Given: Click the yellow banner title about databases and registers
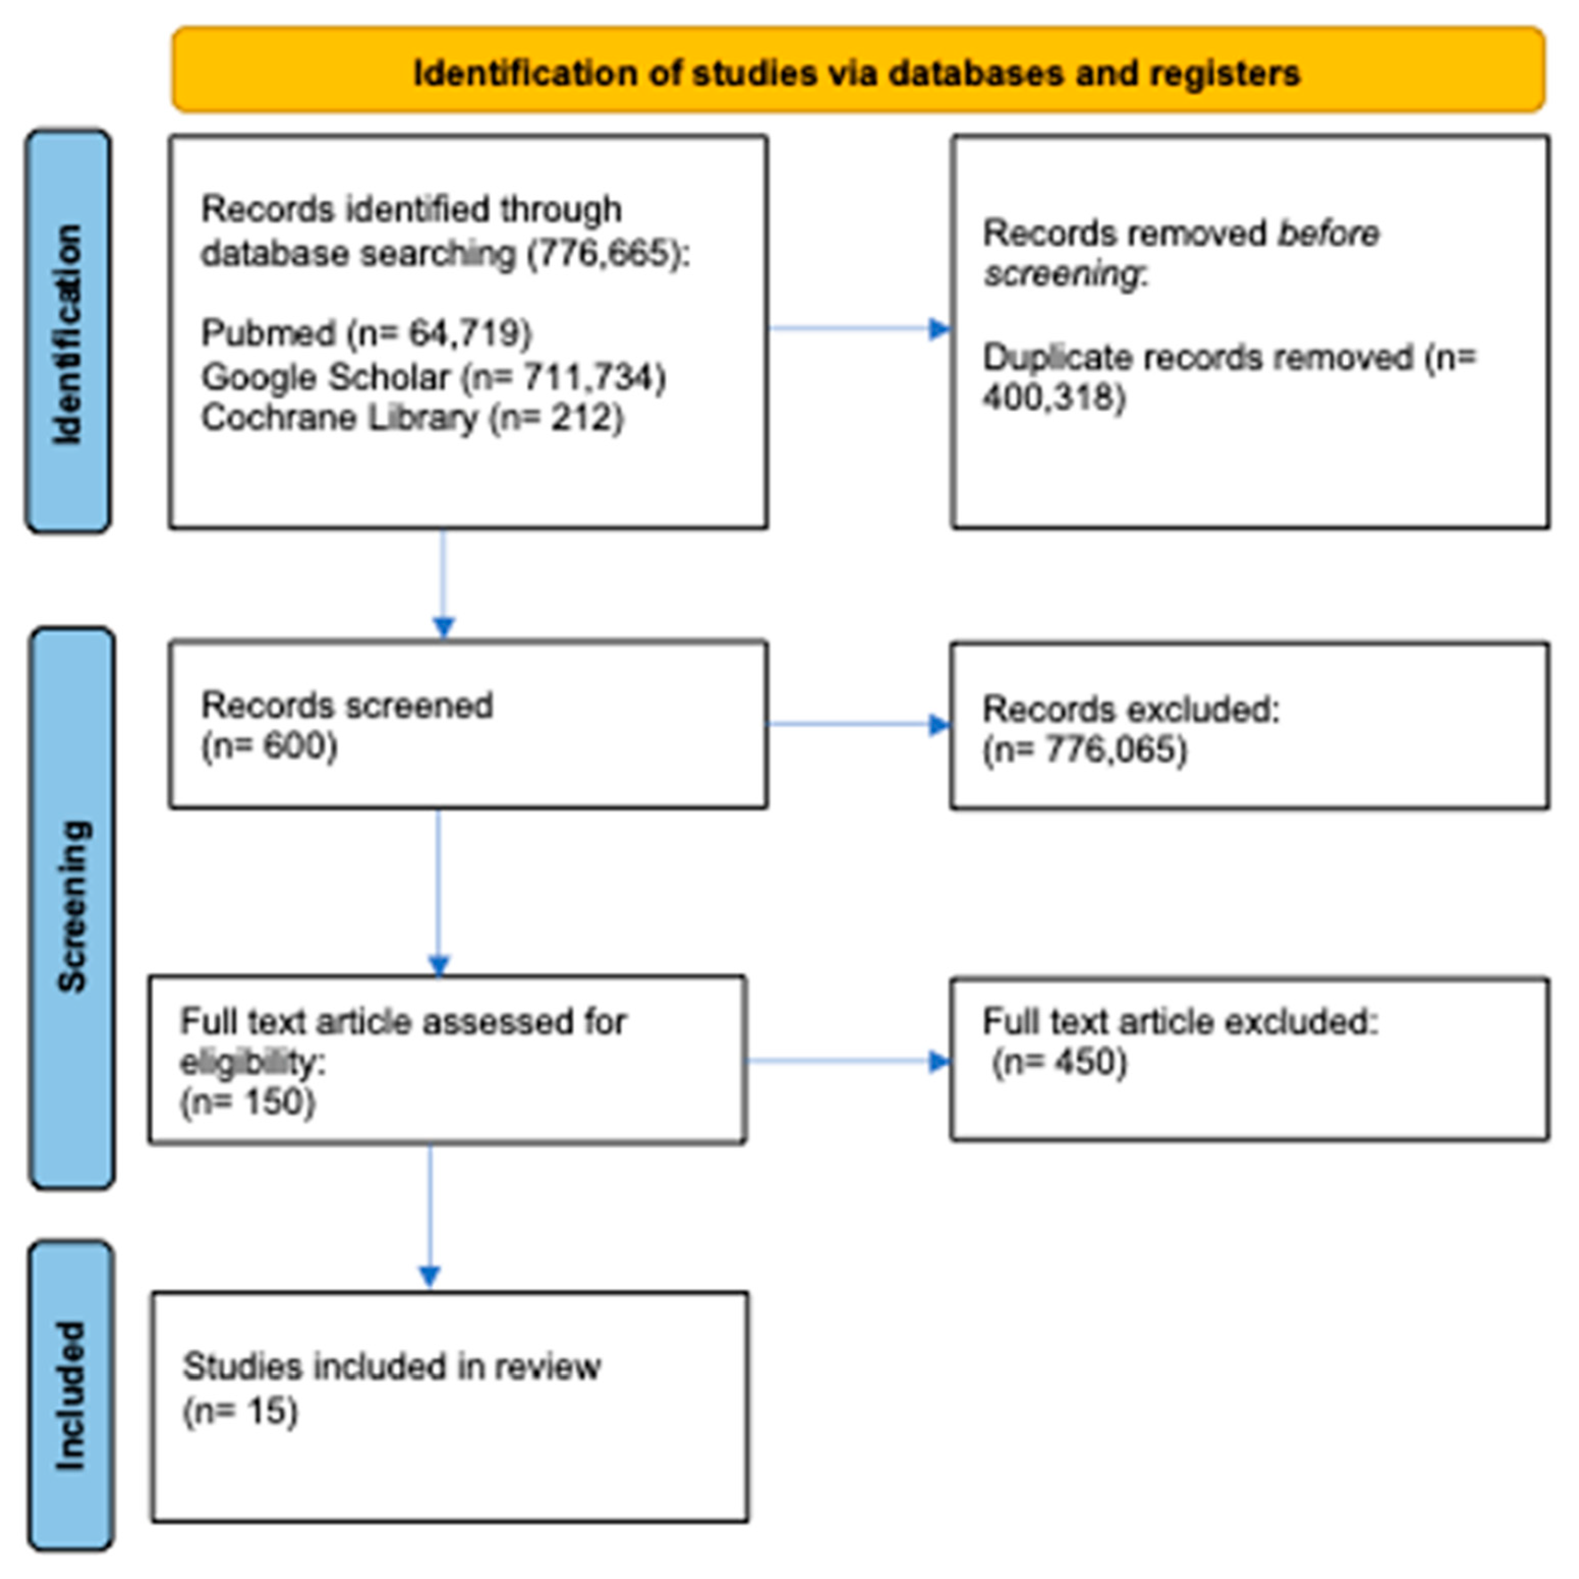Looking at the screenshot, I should click(x=856, y=73).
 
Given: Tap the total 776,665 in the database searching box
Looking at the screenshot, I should click(x=603, y=253).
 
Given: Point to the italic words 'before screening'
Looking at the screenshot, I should click(x=1181, y=253).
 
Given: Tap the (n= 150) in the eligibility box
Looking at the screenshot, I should click(x=248, y=1102).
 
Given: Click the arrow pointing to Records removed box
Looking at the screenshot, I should click(x=858, y=329).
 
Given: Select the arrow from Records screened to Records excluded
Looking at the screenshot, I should click(x=858, y=724).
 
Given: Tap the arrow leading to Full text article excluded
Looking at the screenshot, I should click(x=850, y=1061).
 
